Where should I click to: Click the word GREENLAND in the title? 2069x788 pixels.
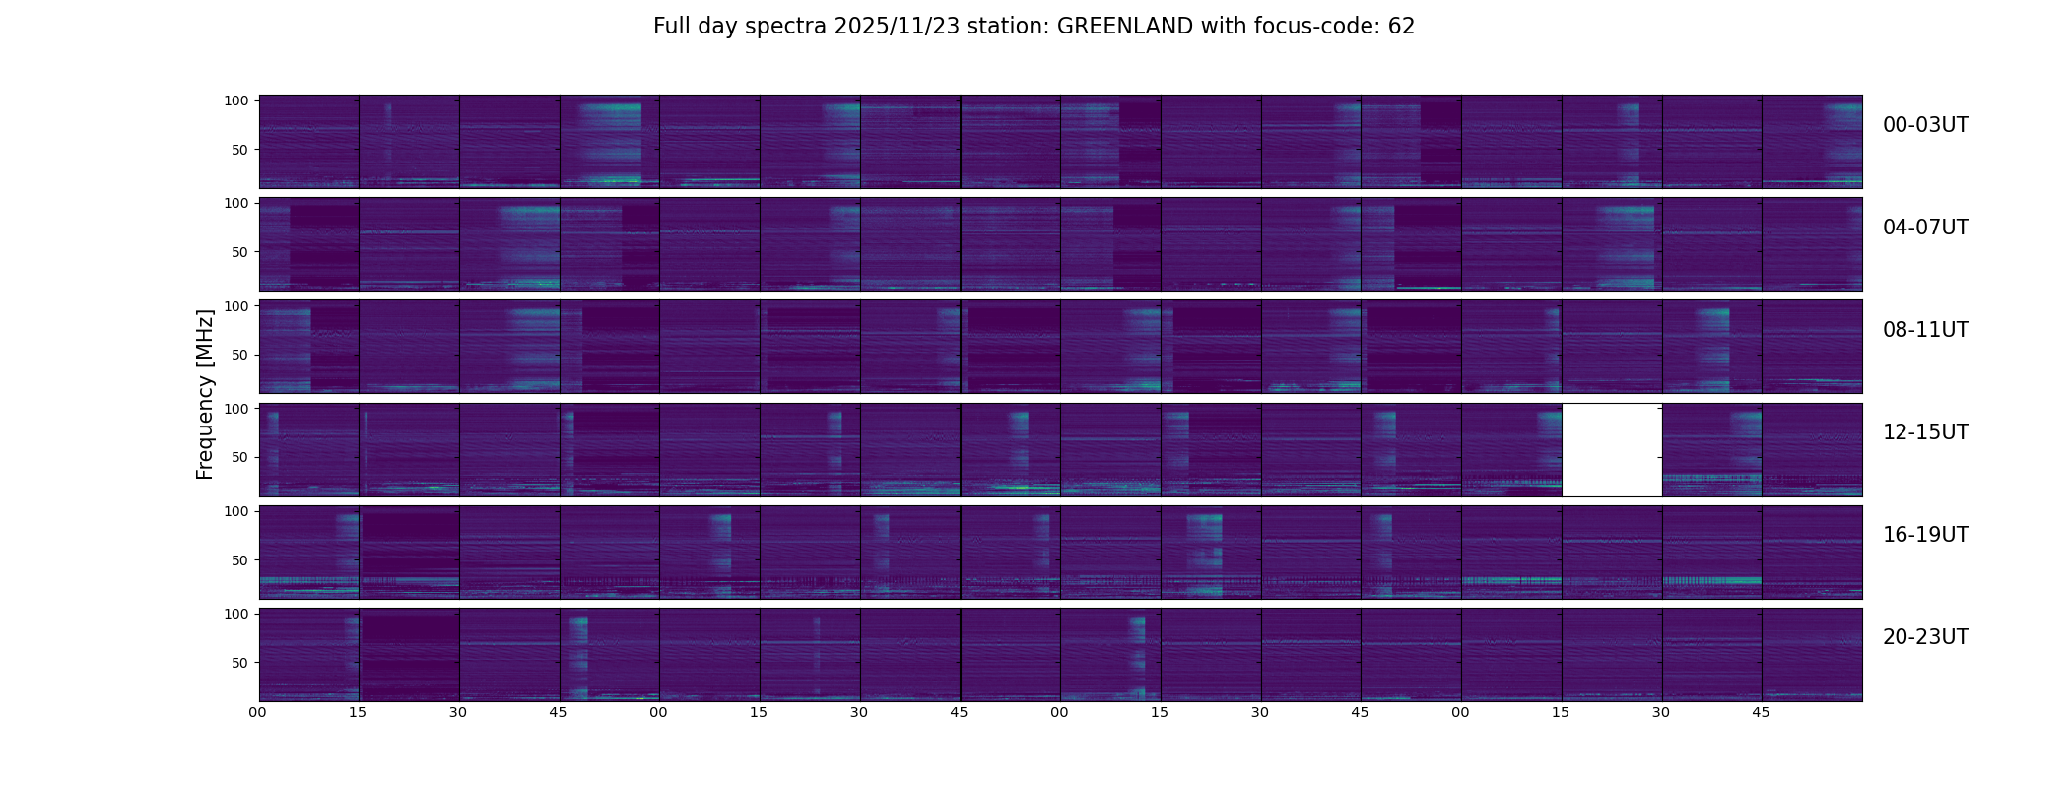pyautogui.click(x=1124, y=27)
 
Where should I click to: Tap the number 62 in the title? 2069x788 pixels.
pyautogui.click(x=1401, y=27)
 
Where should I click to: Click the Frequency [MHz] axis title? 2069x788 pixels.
pyautogui.click(x=205, y=394)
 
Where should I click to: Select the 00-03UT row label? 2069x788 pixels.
pyautogui.click(x=1925, y=125)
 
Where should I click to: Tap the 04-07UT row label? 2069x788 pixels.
pyautogui.click(x=1925, y=228)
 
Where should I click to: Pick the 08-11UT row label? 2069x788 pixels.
pyautogui.click(x=1925, y=330)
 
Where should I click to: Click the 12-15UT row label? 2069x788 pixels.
pyautogui.click(x=1925, y=432)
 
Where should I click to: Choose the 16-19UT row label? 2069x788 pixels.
pyautogui.click(x=1925, y=535)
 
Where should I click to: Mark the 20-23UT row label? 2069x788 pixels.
pyautogui.click(x=1925, y=637)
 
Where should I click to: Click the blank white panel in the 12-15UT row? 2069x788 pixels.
pyautogui.click(x=1612, y=450)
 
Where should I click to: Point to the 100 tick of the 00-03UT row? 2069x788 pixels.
pyautogui.click(x=236, y=100)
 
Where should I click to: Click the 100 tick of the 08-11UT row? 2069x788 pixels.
pyautogui.click(x=236, y=306)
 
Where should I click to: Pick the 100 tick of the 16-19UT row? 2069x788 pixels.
pyautogui.click(x=236, y=511)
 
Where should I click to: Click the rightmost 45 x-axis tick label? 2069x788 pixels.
pyautogui.click(x=1761, y=712)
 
